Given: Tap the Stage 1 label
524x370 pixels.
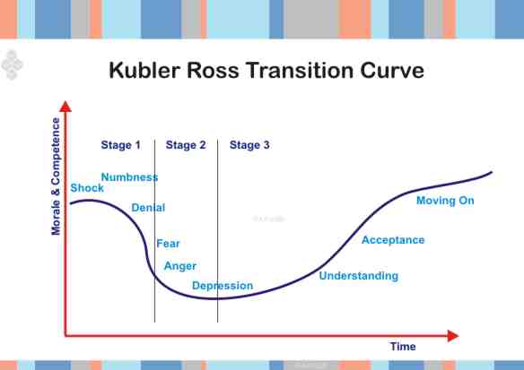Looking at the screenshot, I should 121,144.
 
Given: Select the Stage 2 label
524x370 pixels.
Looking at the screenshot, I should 186,144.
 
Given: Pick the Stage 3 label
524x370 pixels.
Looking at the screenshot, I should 249,144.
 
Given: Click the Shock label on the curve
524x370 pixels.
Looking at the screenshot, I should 87,188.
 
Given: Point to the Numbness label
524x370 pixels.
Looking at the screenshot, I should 129,177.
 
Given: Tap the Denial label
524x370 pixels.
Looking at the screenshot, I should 148,208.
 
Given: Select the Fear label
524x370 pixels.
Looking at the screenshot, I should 168,243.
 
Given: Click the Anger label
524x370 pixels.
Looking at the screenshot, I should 179,266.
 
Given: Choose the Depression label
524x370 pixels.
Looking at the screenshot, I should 223,286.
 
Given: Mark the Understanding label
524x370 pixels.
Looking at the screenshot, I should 358,276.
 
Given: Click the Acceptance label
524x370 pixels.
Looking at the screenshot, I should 393,240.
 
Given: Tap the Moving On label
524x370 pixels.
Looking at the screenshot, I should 445,201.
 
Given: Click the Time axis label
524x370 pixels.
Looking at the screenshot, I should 403,347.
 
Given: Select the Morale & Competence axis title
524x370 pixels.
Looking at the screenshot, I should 57,176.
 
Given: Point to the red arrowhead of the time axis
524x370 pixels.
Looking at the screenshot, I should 453,335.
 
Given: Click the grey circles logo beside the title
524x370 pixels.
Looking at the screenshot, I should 12,64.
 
